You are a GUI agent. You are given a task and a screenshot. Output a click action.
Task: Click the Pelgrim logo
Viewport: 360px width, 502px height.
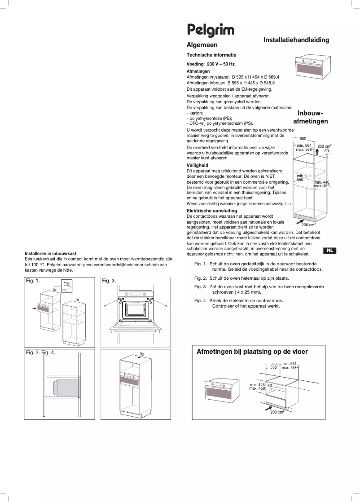[x=211, y=31]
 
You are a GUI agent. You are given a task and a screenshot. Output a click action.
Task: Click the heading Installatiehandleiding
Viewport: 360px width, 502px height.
[x=296, y=40]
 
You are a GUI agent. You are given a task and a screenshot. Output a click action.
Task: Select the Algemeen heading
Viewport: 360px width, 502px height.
[x=202, y=45]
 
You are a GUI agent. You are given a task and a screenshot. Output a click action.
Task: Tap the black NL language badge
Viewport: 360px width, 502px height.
[x=329, y=251]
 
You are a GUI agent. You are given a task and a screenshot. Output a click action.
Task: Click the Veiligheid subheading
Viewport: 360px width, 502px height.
[x=198, y=166]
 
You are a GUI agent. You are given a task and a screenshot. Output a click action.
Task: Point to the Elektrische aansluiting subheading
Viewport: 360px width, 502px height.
[x=212, y=211]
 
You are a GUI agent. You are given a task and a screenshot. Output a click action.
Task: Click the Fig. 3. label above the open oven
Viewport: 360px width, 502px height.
[x=109, y=281]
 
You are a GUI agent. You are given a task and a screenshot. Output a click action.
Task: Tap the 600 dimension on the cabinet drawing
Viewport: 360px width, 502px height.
[x=303, y=139]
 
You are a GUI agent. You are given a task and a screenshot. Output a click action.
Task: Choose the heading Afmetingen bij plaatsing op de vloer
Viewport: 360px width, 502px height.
[x=252, y=352]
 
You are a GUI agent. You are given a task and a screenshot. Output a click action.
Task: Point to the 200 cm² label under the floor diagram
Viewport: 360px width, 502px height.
[x=277, y=412]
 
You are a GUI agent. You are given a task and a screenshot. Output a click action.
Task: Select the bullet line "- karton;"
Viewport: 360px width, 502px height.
[x=195, y=113]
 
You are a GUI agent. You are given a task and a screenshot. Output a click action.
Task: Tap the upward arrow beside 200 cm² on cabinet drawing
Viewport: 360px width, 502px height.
[x=316, y=155]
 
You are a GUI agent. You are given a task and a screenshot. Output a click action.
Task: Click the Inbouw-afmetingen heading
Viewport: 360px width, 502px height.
[x=311, y=117]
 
